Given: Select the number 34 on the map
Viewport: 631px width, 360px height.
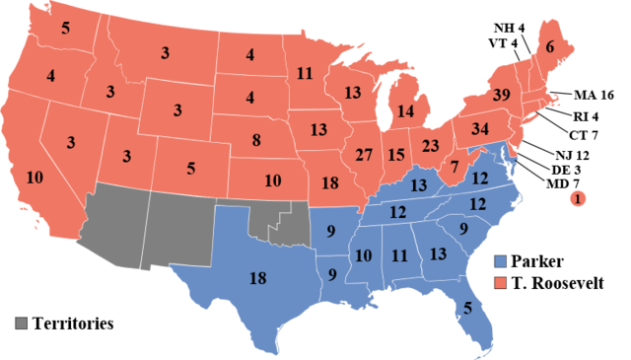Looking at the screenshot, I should click(480, 129).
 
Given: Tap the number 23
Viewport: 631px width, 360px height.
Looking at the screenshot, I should click(431, 145).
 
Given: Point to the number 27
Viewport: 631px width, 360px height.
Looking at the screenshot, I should click(364, 155).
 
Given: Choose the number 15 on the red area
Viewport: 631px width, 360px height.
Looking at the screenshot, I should click(396, 155).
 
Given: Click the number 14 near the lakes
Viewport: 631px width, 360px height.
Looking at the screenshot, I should click(406, 111).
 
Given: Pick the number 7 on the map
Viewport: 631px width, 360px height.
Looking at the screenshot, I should click(455, 167).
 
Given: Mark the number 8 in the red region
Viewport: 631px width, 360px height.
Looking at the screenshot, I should click(256, 140).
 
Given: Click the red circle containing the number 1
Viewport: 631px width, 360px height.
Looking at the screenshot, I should click(578, 199).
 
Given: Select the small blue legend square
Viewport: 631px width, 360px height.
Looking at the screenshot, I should click(500, 261).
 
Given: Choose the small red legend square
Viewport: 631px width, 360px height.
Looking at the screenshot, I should click(500, 283).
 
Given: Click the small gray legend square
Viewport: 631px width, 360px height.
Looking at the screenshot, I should click(21, 323).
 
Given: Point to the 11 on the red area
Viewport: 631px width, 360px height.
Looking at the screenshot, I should click(305, 72).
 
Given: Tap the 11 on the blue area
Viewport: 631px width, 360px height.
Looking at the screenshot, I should click(399, 255).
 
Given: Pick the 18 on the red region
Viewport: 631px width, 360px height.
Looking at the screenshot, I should click(330, 182).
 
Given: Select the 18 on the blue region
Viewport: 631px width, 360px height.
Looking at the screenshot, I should click(257, 279).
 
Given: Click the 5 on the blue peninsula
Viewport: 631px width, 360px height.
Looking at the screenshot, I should click(466, 307).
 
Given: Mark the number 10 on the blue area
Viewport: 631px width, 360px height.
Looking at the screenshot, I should click(364, 255).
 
